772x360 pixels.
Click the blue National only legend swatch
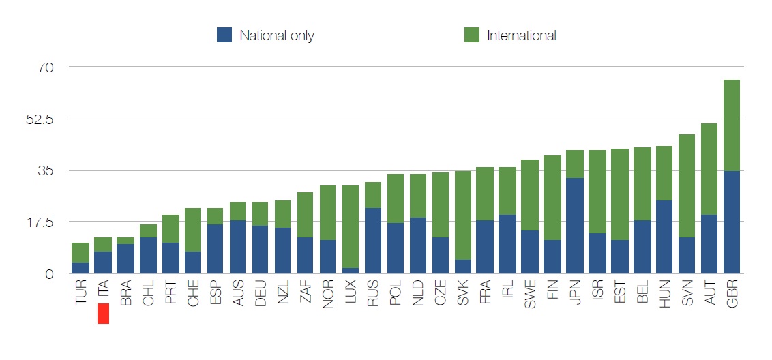click(224, 35)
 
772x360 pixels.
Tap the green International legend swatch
click(471, 35)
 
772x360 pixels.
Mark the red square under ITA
click(103, 314)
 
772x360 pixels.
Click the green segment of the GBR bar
click(731, 125)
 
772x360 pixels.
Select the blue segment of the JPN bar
click(574, 226)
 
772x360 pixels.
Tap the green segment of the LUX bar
click(350, 226)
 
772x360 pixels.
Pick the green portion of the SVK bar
click(462, 215)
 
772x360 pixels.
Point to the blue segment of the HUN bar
click(664, 237)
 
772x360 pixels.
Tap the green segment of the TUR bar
click(80, 252)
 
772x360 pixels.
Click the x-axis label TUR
click(80, 291)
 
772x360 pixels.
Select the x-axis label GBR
click(731, 292)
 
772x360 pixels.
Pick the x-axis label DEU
click(260, 292)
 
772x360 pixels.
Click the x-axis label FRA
click(484, 291)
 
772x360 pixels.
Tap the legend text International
click(521, 35)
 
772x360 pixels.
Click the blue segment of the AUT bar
click(709, 244)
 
